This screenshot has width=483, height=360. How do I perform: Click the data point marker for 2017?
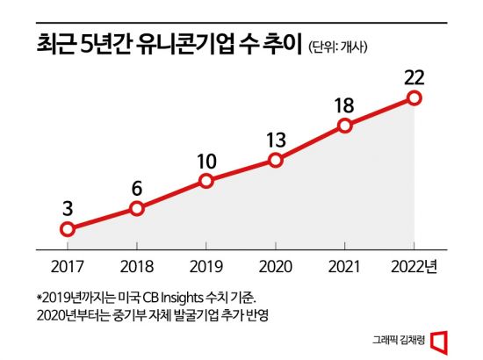click(x=68, y=229)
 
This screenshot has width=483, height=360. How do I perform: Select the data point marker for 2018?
click(x=137, y=208)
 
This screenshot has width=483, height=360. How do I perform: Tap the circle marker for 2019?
click(x=206, y=181)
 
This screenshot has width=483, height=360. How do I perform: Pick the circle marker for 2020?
click(x=276, y=160)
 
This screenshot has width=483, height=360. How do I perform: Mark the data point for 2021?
click(x=345, y=126)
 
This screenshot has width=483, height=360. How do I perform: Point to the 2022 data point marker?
click(x=415, y=97)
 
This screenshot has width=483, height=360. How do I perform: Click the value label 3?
click(x=68, y=207)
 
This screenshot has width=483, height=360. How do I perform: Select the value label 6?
click(x=137, y=186)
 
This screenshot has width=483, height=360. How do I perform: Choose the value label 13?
click(x=276, y=138)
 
